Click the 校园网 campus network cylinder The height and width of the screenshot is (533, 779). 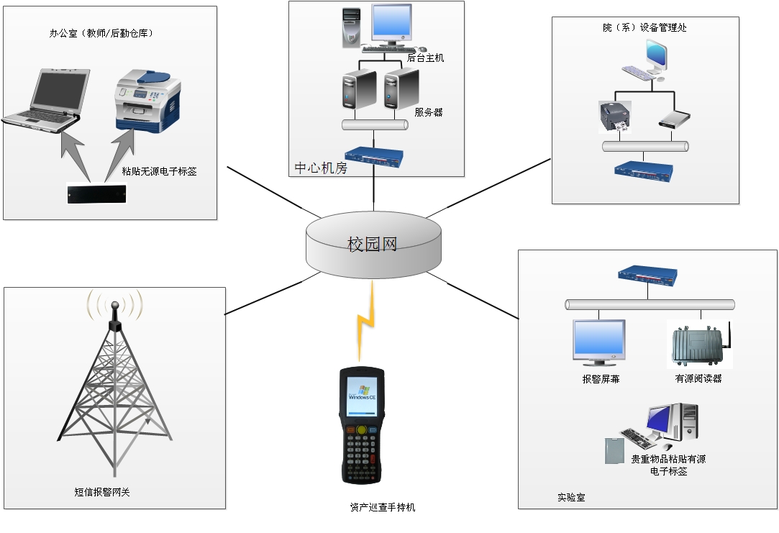tap(372, 245)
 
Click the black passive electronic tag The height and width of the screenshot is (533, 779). tap(96, 193)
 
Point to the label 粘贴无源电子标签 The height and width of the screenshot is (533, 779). tap(159, 171)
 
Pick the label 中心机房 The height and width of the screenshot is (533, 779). tap(321, 168)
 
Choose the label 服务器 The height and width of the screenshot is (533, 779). tap(429, 112)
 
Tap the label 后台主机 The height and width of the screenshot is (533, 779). tap(426, 58)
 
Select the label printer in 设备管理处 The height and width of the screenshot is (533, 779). tap(615, 117)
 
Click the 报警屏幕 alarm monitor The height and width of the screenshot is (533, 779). tap(599, 340)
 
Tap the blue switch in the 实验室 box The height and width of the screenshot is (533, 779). tap(647, 273)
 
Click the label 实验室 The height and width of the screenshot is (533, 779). tap(570, 497)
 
